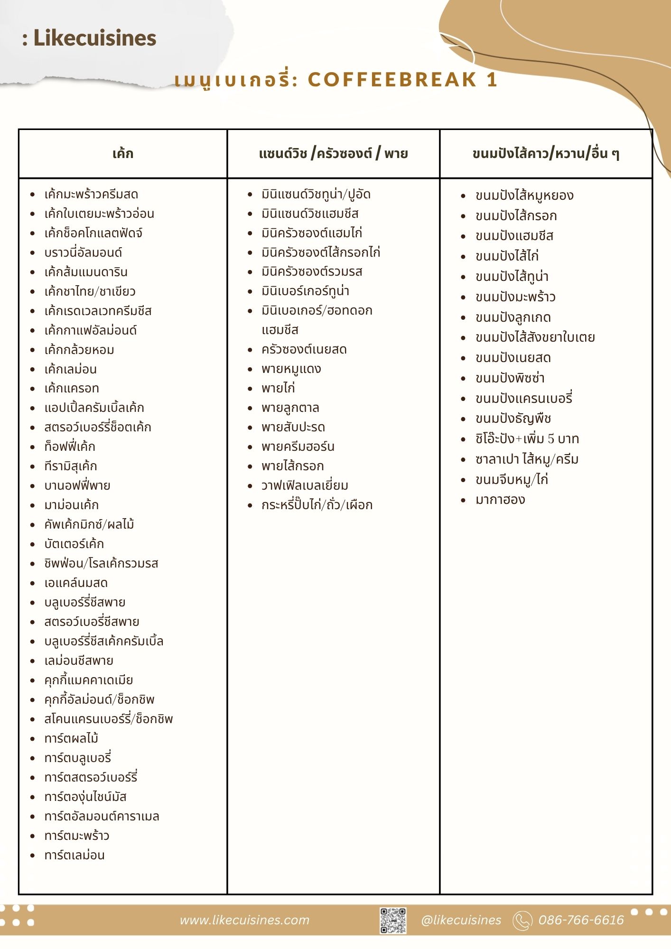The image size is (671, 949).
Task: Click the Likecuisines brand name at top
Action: click(94, 38)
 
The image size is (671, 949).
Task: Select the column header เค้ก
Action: click(123, 154)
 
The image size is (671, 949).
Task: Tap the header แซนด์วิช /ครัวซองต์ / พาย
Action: click(333, 154)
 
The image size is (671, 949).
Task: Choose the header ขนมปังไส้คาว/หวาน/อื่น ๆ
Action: click(546, 154)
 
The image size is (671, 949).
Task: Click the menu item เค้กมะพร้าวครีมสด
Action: click(91, 195)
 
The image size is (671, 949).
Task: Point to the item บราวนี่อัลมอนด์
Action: click(83, 253)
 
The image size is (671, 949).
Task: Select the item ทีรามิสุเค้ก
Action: click(71, 466)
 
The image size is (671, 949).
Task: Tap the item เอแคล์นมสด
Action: click(76, 583)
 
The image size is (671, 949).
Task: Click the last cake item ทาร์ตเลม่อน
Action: click(75, 856)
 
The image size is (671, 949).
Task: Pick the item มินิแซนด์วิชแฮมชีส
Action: click(310, 214)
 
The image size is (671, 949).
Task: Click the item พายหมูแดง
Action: click(291, 369)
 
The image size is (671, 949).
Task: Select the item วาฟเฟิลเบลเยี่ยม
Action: click(305, 486)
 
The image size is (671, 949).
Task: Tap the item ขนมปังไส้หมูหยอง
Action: click(524, 195)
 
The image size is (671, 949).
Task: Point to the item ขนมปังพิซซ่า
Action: click(510, 379)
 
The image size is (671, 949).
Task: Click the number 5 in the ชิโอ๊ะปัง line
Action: click(551, 439)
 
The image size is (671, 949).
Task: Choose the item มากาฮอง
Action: click(500, 500)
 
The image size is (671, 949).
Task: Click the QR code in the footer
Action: click(393, 921)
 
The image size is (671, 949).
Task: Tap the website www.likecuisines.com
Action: click(244, 921)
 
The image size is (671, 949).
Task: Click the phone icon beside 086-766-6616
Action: click(522, 921)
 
